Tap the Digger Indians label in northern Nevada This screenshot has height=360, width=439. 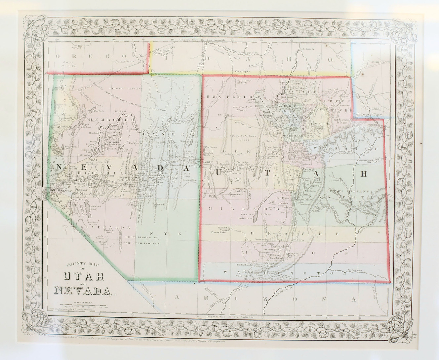130,89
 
